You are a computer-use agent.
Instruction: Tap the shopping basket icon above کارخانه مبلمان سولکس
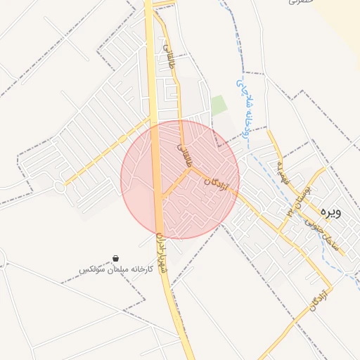click(115, 259)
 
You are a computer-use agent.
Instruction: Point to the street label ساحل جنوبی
click(326, 236)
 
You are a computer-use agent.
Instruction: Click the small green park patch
click(219, 105)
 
